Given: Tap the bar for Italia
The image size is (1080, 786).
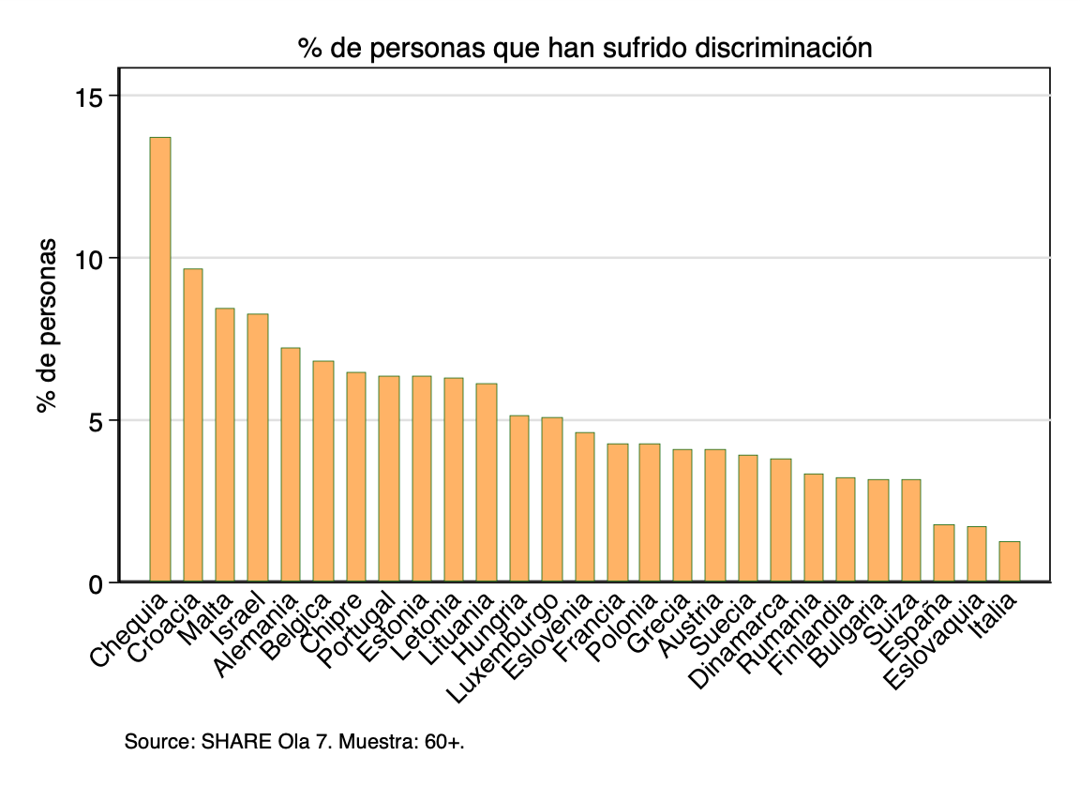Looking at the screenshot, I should (1010, 561).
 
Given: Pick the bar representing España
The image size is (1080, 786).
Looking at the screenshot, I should (944, 552).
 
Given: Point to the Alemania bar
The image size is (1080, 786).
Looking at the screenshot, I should (291, 464).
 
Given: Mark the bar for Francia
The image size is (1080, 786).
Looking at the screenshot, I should (617, 512).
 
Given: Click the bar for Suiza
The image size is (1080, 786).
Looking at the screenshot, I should (911, 530).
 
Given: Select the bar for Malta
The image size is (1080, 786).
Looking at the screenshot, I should (225, 445).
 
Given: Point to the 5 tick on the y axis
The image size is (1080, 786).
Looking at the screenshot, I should (99, 420).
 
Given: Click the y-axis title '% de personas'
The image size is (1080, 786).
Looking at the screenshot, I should (47, 326).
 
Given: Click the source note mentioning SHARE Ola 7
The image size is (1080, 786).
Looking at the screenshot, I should (294, 742).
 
